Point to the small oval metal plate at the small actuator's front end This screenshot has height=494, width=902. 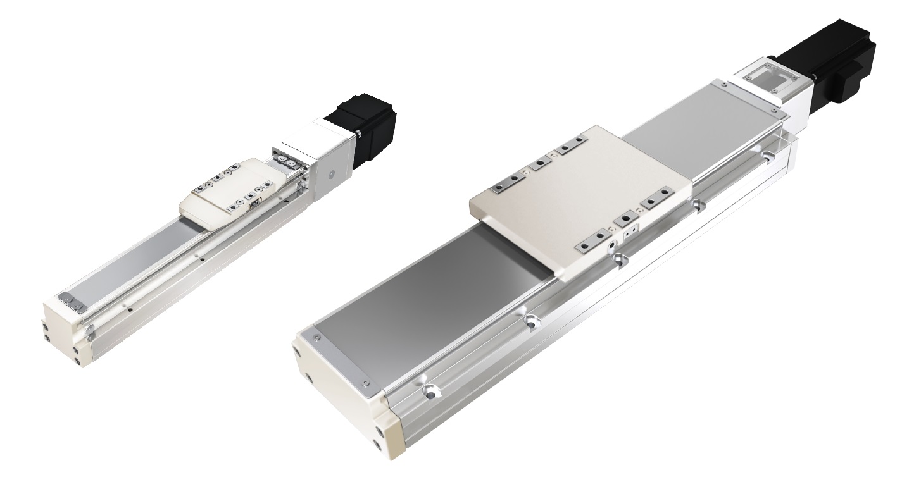[x=71, y=302]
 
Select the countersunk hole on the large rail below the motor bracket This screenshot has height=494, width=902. [x=768, y=154]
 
